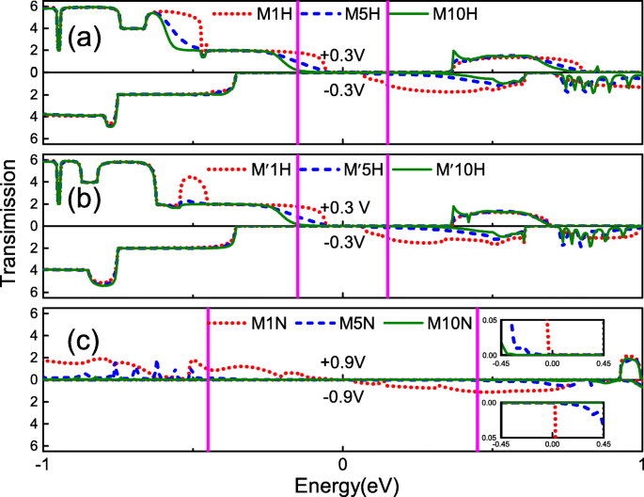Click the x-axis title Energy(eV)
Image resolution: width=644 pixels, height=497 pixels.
(340, 485)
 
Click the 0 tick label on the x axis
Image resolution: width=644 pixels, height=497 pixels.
(343, 466)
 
